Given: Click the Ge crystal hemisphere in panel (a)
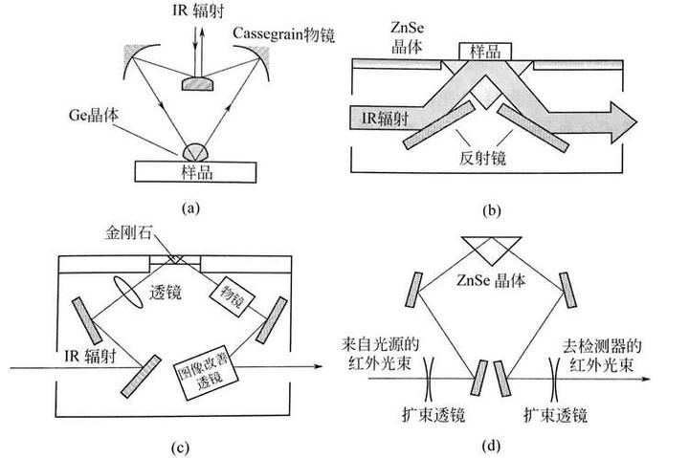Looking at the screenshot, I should [x=196, y=151].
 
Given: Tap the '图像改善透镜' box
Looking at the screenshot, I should [x=202, y=367].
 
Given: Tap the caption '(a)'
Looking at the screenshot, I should [x=190, y=207].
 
